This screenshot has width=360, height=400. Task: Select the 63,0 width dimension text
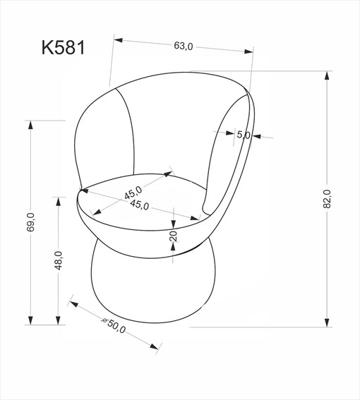coord(183,47)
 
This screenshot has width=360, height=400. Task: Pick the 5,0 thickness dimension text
coord(244,135)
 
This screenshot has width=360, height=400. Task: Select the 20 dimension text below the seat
coord(173,236)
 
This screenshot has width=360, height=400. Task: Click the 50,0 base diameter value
coord(116,328)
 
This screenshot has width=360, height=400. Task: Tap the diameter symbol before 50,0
coord(104,321)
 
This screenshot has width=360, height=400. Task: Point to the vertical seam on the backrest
coord(131,134)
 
